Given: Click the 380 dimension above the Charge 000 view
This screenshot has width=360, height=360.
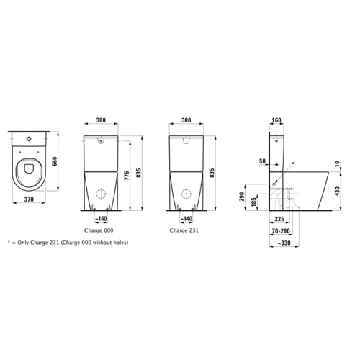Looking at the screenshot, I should coord(101,121).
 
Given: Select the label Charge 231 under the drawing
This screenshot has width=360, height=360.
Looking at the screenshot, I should coord(184,231).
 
